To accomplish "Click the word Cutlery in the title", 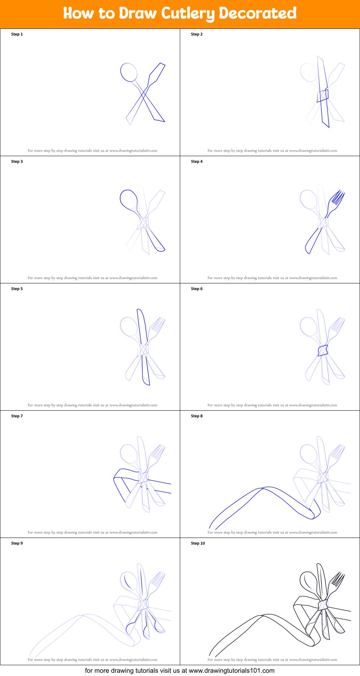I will click(188, 14).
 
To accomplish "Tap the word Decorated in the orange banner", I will click(258, 13).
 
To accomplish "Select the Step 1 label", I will click(17, 34).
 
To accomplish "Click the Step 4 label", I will click(197, 162).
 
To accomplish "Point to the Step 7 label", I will click(17, 416).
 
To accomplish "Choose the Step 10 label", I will click(198, 543).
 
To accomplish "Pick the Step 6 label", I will click(197, 289).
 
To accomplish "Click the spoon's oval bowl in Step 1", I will click(129, 72).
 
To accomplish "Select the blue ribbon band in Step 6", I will click(323, 350).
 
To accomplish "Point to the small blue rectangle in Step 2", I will click(323, 96).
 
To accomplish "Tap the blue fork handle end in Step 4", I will click(308, 249).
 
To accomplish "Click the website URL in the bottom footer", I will click(231, 671).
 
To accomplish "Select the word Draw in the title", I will click(138, 13).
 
